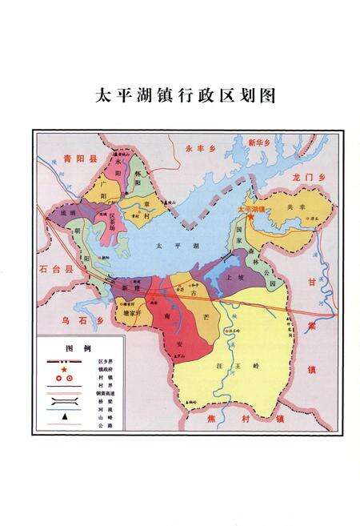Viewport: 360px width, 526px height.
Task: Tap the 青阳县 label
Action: tap(74, 159)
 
